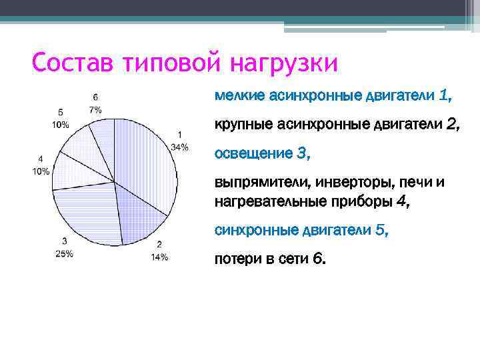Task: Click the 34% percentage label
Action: point(179,147)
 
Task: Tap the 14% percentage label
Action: point(159,257)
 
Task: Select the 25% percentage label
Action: point(64,253)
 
